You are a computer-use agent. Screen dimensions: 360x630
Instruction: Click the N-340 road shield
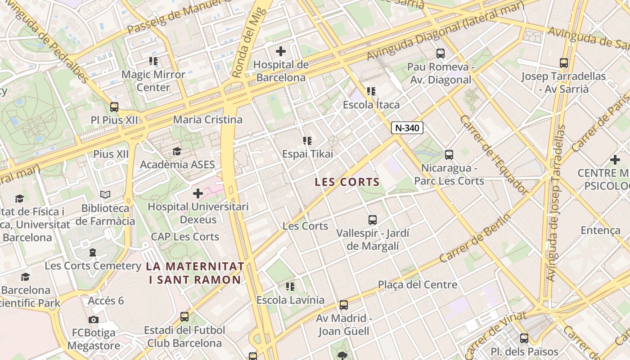coord(407,128)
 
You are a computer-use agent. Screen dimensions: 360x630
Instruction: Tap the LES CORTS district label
coord(347,182)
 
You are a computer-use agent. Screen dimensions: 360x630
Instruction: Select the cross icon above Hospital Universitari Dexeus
coord(198,193)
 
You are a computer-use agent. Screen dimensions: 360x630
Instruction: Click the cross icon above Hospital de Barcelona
coord(281,51)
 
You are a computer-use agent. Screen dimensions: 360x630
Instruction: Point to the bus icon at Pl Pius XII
coord(114,107)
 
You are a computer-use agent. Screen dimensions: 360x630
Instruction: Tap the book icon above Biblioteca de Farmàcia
coord(105,195)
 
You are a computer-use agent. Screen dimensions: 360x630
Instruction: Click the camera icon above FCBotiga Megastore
coord(94,319)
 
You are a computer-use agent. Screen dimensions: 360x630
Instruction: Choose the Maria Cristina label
coord(207,120)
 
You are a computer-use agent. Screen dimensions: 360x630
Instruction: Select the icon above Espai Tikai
coord(307,141)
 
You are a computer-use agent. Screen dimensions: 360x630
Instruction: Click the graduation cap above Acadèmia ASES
coord(177,151)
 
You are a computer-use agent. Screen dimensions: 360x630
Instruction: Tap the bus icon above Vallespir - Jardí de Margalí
coord(373,220)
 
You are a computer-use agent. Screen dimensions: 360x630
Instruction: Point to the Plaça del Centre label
coord(417,284)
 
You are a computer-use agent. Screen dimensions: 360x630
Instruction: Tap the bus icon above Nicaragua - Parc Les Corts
coord(449,155)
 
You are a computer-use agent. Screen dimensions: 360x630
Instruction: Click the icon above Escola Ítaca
coord(371,92)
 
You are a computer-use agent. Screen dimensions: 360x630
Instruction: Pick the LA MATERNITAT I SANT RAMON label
coord(195,273)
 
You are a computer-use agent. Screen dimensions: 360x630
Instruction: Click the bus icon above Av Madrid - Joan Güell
coord(344,305)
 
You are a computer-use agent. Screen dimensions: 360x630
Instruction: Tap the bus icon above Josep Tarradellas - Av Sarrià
coord(563,63)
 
